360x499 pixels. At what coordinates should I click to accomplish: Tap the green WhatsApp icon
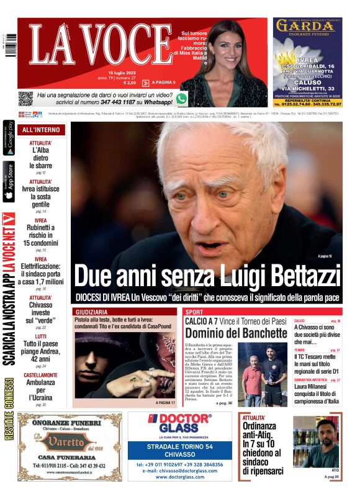(x=181, y=98)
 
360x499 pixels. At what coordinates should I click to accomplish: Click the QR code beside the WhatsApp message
(x=25, y=98)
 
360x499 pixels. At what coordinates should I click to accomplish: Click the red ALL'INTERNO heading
(x=41, y=130)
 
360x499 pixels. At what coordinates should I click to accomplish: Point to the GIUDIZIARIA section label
(x=91, y=312)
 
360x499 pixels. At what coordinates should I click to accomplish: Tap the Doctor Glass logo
(x=180, y=424)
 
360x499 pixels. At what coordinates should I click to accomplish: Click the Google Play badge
(x=9, y=138)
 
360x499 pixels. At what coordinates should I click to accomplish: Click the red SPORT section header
(x=194, y=312)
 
